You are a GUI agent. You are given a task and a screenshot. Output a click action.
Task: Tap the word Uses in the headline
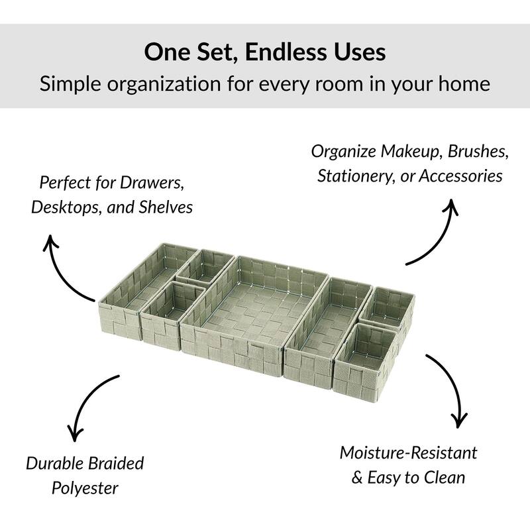click(x=362, y=52)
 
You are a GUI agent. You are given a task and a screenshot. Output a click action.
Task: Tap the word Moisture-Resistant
click(x=408, y=452)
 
